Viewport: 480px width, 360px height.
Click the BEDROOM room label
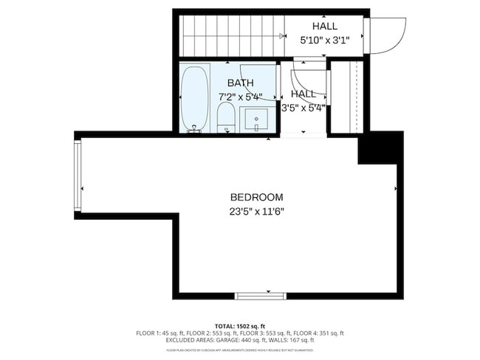(256, 197)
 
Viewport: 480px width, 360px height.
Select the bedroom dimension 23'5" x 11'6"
(256, 211)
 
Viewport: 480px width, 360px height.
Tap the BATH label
(241, 83)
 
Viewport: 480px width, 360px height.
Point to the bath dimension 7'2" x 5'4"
(241, 97)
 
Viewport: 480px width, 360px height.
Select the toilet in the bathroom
(225, 117)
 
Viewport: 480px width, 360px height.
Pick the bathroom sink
(255, 119)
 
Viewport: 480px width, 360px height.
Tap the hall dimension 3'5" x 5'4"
(304, 107)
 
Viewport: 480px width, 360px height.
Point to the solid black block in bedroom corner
(380, 148)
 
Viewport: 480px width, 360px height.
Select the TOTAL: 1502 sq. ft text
(240, 325)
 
